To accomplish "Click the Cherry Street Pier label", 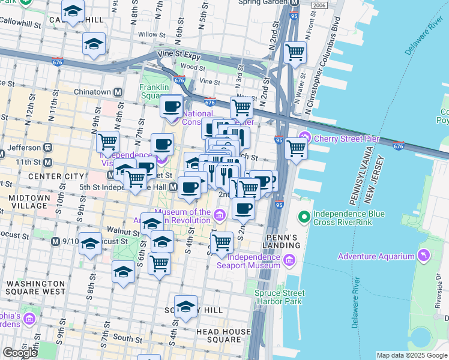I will pos(345,139).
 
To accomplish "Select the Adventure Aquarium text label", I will pos(377,256).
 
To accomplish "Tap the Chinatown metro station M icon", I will pos(118,92).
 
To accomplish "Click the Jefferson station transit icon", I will pos(47,147).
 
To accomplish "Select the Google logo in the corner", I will pos(20,352).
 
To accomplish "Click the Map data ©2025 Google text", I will pos(412,355).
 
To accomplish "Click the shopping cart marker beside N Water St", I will pos(295,52).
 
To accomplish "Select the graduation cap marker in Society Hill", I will pos(185,306).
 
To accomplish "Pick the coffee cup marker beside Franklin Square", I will pos(172,107).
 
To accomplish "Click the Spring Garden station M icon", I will pos(294,2).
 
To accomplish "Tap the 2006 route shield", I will pos(320,5).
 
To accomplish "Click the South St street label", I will pos(127,339).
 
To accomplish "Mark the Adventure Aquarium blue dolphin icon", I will pos(425,256).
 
